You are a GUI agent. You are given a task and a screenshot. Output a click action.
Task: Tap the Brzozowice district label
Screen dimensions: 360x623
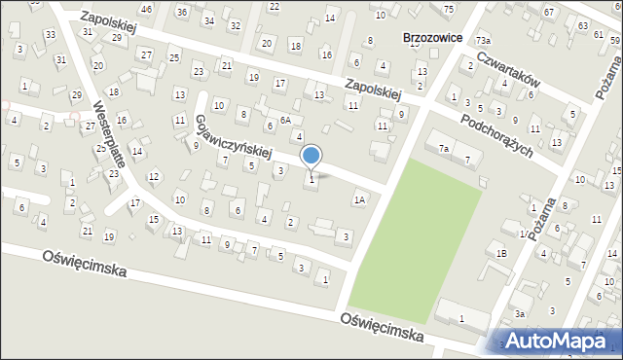tap(430, 38)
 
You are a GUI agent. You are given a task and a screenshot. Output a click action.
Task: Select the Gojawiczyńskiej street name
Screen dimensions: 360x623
tap(234, 138)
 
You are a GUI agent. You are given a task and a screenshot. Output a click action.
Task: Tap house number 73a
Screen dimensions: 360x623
tap(483, 40)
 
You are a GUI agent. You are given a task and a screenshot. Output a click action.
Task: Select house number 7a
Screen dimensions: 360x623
tap(443, 148)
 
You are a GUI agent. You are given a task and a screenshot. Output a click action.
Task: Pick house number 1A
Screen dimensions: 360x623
tap(359, 199)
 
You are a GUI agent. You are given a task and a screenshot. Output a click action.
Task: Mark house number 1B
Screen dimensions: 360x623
tap(501, 253)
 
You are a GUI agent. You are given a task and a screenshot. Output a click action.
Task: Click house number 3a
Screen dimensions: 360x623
tap(520, 313)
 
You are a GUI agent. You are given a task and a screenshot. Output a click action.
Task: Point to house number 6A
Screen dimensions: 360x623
tap(285, 120)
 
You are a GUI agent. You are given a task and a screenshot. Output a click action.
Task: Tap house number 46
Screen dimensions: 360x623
tap(146, 9)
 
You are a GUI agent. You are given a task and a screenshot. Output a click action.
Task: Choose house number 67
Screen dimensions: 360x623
tap(549, 12)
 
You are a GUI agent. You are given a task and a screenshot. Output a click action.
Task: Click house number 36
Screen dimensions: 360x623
tap(182, 12)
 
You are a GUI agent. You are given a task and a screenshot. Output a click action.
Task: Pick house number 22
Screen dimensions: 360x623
tap(274, 7)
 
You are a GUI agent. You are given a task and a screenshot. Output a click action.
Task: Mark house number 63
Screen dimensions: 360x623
tap(583, 24)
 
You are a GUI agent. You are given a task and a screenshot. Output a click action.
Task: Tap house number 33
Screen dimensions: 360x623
tap(50, 35)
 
